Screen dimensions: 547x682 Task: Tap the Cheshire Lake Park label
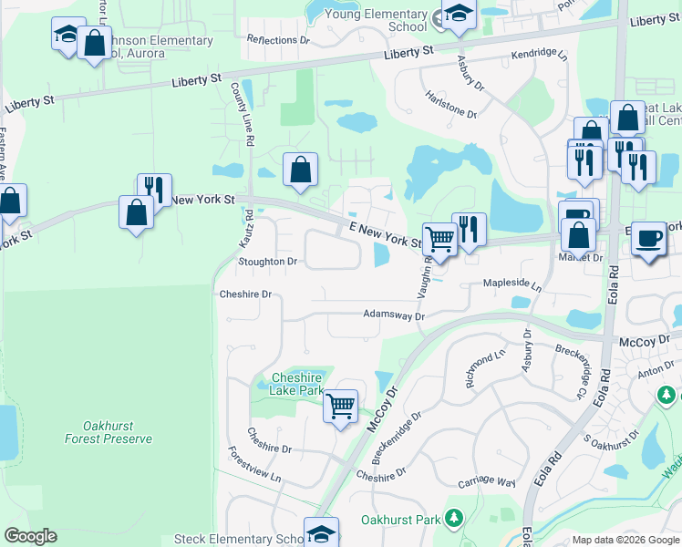297,384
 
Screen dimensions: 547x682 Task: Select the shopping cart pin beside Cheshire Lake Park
340,406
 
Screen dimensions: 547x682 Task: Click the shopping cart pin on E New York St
440,239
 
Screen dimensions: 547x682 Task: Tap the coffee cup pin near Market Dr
648,238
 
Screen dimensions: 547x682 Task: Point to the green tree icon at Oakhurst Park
453,520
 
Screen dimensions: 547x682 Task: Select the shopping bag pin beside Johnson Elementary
94,42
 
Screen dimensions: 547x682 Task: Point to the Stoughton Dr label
267,262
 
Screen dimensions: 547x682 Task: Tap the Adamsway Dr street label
394,315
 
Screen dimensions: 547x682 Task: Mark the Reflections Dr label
278,40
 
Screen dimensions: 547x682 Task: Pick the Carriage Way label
487,480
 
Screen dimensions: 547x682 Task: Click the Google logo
30,536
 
